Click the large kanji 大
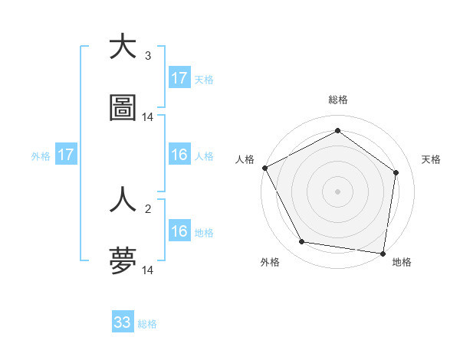123,47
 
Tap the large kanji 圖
123,108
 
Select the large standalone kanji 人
123,201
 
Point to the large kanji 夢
123,261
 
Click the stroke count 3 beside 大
148,56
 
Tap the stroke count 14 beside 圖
148,117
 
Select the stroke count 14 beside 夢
148,270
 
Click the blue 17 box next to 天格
179,78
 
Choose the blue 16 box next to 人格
179,155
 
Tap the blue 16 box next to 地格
179,231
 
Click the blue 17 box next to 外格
66,155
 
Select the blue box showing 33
123,322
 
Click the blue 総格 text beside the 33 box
148,324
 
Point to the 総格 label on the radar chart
338,100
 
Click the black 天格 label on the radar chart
432,159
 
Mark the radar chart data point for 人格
264,168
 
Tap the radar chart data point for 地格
383,253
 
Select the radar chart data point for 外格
302,242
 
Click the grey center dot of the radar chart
338,191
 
